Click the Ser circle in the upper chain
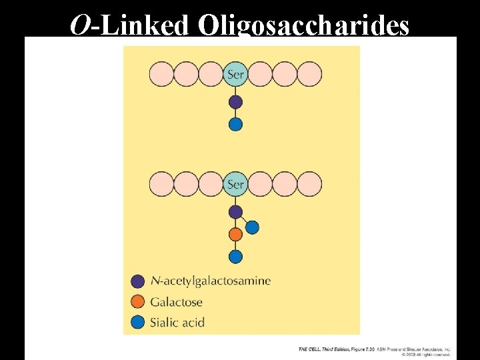coord(235,74)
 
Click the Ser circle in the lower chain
coord(235,184)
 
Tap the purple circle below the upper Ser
coord(235,102)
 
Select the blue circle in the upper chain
coord(235,124)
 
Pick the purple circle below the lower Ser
coord(235,212)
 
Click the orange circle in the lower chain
coord(235,235)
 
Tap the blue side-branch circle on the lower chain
coord(252,227)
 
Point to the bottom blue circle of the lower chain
coord(235,257)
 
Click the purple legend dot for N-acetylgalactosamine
coord(138,281)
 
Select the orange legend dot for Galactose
coord(138,302)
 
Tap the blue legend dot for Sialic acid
coord(138,323)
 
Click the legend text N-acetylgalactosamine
coord(211,281)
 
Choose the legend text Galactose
coord(175,302)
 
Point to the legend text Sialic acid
coord(177,323)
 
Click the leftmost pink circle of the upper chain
coord(161,74)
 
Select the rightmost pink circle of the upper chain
coord(309,74)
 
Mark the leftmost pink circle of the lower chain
coord(161,184)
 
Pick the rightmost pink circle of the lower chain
coord(309,184)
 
